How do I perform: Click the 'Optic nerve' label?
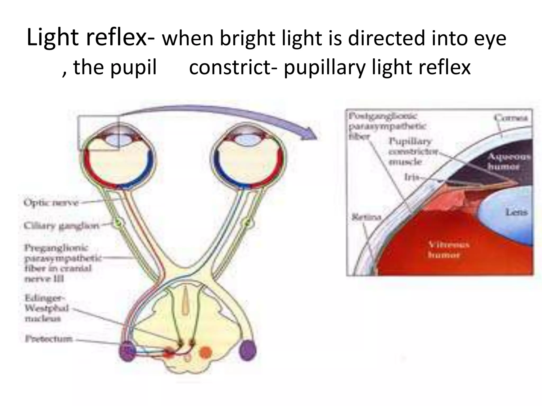pos(51,203)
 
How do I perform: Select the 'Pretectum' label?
pos(49,339)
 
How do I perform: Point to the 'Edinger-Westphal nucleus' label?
pos(47,308)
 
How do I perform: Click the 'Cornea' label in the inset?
pos(511,118)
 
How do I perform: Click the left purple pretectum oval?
pos(127,351)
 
